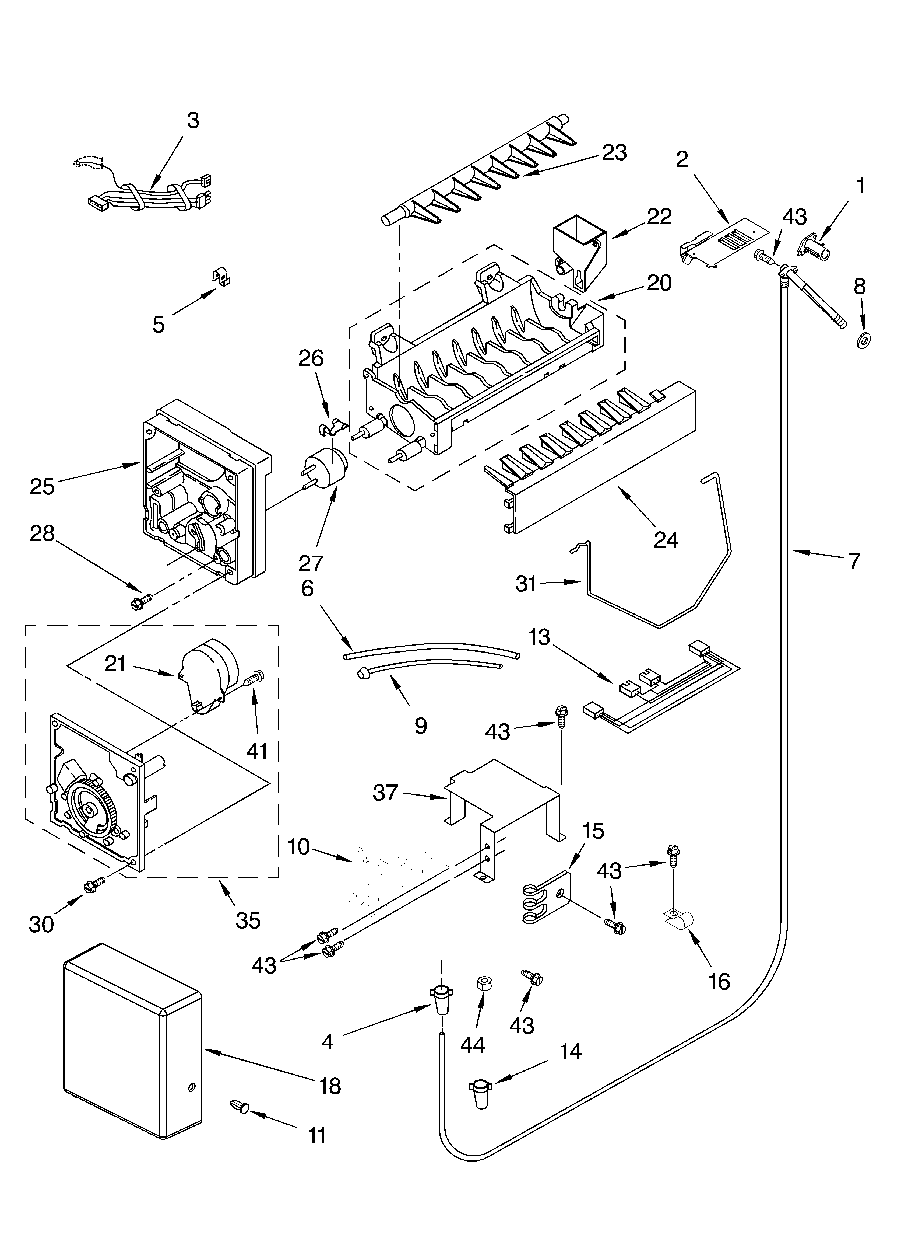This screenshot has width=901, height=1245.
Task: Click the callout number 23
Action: coord(614,153)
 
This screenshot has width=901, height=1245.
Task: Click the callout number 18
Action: coord(330,1086)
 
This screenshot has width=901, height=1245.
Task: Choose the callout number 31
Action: coord(526,584)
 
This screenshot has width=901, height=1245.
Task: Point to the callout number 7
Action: coord(854,560)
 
